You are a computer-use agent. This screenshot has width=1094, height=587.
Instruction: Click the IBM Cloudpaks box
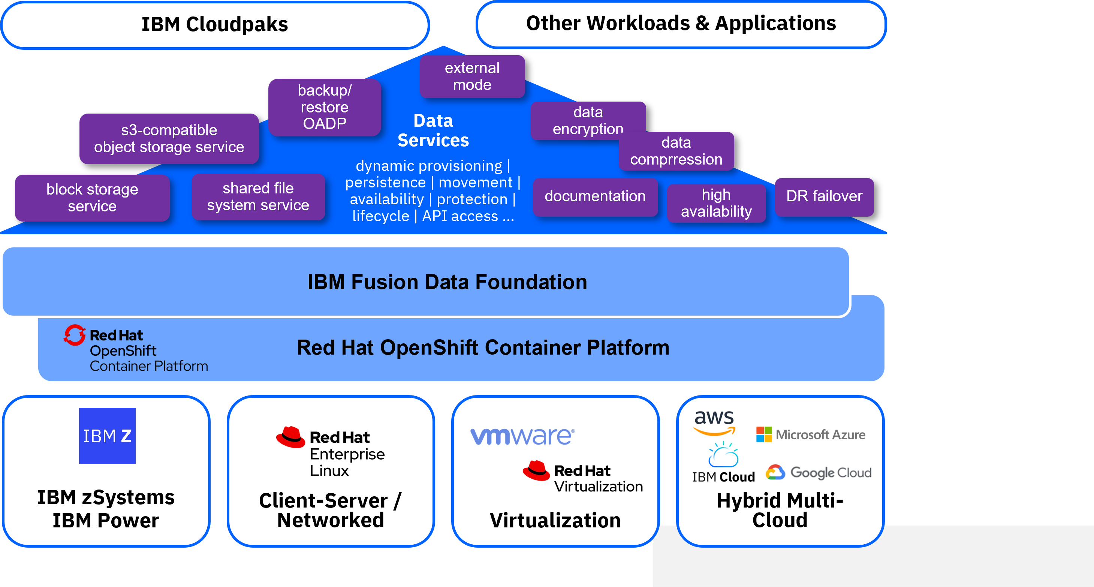(x=215, y=25)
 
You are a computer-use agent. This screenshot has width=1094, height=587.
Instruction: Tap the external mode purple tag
(x=472, y=76)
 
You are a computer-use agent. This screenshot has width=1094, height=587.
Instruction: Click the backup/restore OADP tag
(x=325, y=107)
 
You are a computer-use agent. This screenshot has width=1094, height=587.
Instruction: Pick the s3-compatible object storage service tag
(x=169, y=138)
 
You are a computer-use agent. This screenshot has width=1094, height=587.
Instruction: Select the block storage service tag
(x=92, y=198)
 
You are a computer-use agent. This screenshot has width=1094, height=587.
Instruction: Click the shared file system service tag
(x=258, y=197)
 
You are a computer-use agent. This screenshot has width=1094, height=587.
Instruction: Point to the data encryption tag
(x=588, y=120)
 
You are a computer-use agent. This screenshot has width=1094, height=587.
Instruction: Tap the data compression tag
(x=676, y=151)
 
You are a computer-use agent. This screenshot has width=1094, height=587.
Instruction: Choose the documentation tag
(x=596, y=197)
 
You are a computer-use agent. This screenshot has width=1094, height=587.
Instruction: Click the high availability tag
(x=717, y=203)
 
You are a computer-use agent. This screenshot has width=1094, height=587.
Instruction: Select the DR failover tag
(x=824, y=197)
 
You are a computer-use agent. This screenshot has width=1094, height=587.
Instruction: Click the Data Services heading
(x=433, y=130)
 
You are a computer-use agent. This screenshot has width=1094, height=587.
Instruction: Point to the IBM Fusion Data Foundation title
(x=447, y=282)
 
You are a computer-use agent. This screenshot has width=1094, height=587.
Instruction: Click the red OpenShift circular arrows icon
(x=75, y=335)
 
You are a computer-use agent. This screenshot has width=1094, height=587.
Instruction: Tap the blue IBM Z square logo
(x=108, y=436)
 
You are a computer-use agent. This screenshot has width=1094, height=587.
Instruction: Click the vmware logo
(x=522, y=436)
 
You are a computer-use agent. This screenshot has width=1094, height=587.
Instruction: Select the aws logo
(x=714, y=422)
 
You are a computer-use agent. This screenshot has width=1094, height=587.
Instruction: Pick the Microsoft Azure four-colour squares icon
(x=764, y=434)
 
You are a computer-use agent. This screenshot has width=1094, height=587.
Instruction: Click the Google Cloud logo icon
(x=775, y=472)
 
